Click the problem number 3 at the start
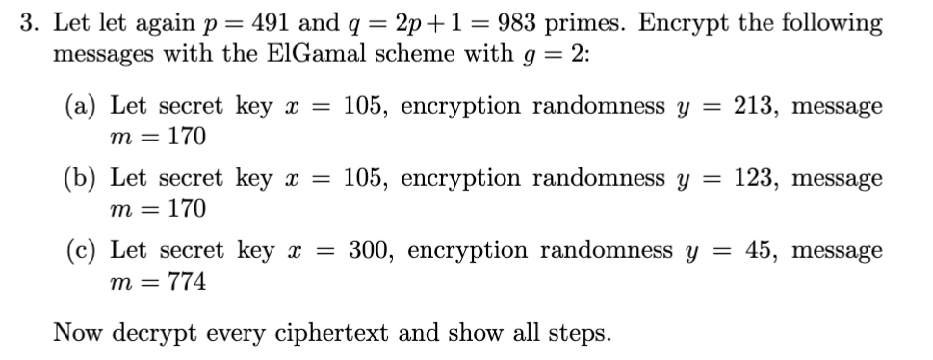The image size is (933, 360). [29, 23]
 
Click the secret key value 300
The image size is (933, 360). [369, 251]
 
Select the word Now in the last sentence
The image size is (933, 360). [76, 333]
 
